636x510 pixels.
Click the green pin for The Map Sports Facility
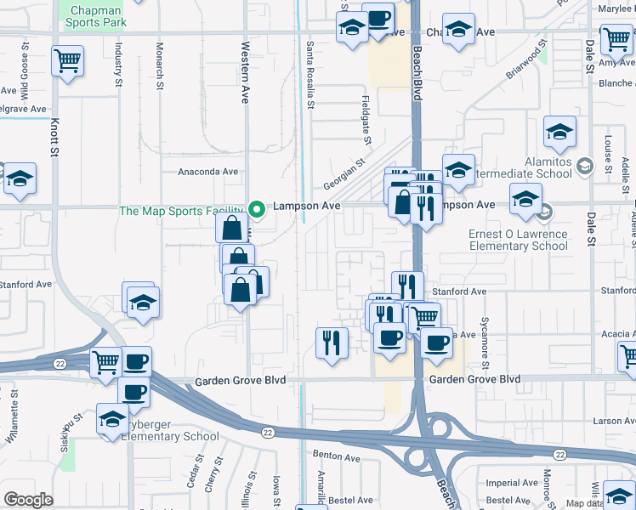pyautogui.click(x=256, y=207)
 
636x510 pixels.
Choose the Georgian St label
pyautogui.click(x=344, y=174)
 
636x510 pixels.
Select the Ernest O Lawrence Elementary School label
pyautogui.click(x=518, y=240)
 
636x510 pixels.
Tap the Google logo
pyautogui.click(x=28, y=500)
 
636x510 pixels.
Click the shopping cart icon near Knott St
pyautogui.click(x=67, y=61)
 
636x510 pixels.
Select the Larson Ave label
pyautogui.click(x=608, y=421)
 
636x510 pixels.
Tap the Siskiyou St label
pyautogui.click(x=76, y=433)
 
